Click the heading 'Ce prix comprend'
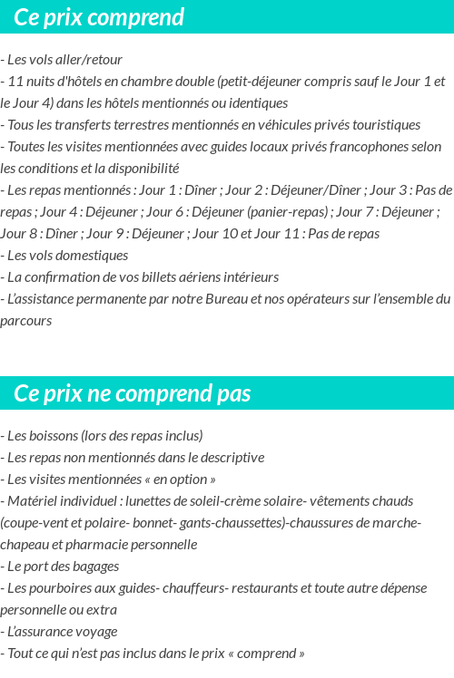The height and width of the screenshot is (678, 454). pos(99,17)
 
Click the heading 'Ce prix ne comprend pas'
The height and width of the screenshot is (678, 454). pos(133,393)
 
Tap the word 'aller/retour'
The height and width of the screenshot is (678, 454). pos(91,60)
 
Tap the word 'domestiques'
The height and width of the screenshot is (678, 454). pos(93,256)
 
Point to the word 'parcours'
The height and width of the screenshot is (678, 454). pos(26,321)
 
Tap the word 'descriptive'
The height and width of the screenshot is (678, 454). pos(232,458)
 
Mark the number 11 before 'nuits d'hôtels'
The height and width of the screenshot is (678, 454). pos(15,82)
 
